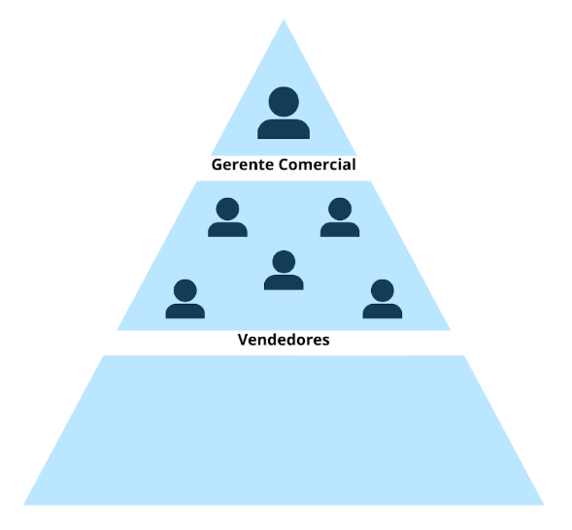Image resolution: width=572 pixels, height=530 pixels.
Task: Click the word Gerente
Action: point(243,165)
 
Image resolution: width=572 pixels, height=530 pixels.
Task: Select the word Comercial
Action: point(317,165)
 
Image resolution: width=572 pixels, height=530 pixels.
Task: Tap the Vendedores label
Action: point(284,340)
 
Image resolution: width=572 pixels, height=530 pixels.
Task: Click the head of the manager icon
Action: point(284,102)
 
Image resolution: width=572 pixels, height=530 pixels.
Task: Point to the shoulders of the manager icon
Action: point(284,129)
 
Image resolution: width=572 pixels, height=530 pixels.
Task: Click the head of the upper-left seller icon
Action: point(227,209)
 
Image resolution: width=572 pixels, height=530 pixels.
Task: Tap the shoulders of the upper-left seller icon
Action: point(227,230)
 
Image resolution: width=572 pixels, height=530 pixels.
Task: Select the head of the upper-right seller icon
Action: point(340,209)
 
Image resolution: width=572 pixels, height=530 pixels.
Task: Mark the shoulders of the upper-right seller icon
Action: point(340,230)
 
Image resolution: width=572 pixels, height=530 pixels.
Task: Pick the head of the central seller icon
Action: point(284,262)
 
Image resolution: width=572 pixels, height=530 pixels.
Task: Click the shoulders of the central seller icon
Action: point(284,282)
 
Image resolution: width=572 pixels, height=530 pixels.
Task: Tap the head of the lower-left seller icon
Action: point(185,290)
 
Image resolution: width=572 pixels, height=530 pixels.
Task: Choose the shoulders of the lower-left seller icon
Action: point(185,312)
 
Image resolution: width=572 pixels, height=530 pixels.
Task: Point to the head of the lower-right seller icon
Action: point(383,290)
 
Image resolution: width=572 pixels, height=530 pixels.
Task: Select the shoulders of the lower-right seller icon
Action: point(383,312)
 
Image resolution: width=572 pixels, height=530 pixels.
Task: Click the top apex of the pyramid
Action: point(284,19)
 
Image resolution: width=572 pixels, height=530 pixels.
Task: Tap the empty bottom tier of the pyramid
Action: point(284,430)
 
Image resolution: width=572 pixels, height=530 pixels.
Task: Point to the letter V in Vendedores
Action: point(243,340)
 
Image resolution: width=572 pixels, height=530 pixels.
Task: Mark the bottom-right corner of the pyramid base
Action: point(544,505)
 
